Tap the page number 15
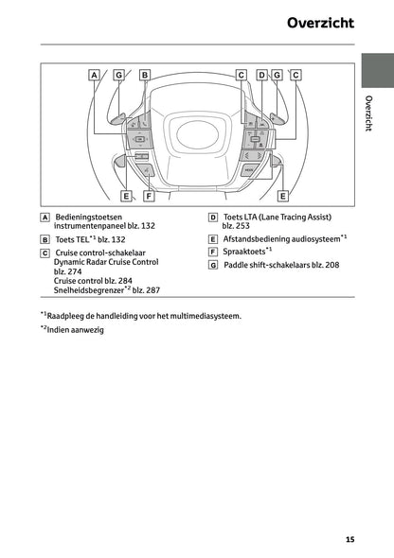[x=349, y=540]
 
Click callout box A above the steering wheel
[x=95, y=74]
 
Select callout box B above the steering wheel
[x=145, y=74]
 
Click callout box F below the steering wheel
[x=149, y=196]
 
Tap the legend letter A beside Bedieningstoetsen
[x=45, y=217]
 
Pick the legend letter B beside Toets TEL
[x=45, y=240]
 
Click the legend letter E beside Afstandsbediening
[x=213, y=240]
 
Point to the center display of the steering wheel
[x=196, y=135]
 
